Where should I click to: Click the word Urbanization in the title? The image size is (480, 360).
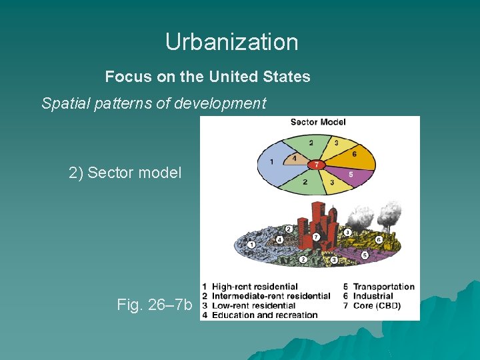click(231, 42)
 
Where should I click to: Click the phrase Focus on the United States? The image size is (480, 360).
click(207, 77)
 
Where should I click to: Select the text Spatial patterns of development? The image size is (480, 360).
click(153, 103)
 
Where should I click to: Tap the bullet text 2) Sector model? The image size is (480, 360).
click(125, 173)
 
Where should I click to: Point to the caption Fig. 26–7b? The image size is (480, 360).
click(154, 305)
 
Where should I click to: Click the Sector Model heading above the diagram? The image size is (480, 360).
click(318, 122)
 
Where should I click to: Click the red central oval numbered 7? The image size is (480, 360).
click(317, 164)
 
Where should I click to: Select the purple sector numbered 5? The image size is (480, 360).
click(351, 175)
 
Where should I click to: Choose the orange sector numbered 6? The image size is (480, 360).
click(354, 153)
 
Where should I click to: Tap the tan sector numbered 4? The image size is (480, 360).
click(294, 159)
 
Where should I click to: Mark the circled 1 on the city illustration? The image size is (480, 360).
click(251, 245)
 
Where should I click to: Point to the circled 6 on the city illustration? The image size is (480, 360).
click(379, 239)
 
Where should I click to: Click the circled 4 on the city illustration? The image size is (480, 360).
click(280, 239)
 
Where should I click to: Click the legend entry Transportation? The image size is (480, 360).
click(383, 287)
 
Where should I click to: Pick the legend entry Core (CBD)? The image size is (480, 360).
click(378, 305)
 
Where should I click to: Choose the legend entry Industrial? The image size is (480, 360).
click(373, 296)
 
